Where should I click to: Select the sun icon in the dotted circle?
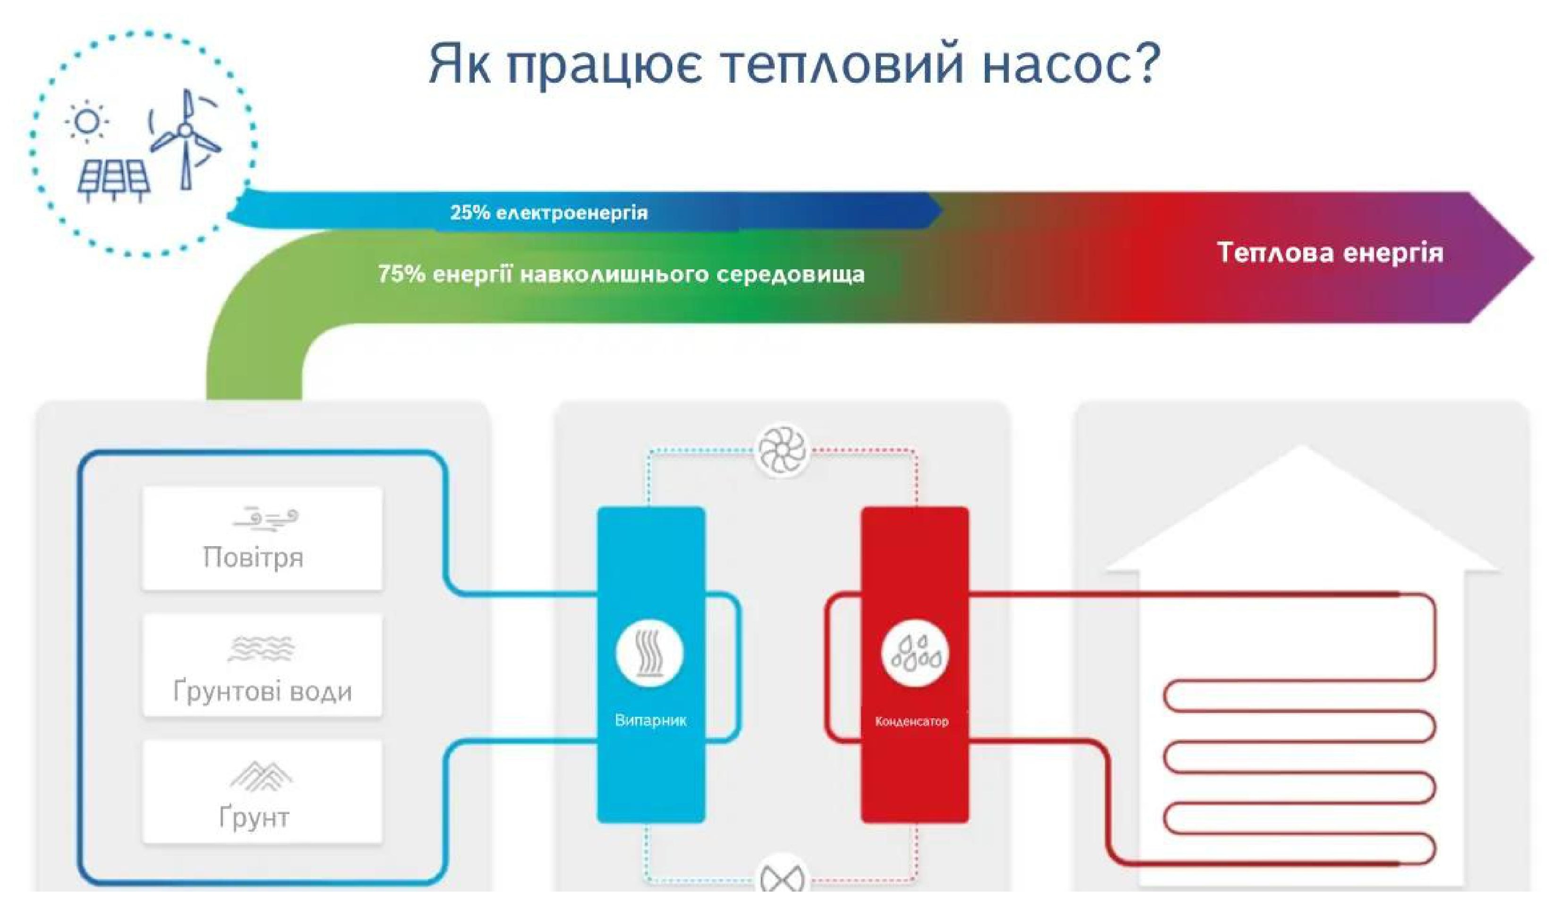tap(87, 121)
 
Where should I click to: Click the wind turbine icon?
tap(184, 138)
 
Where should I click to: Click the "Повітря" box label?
tap(253, 557)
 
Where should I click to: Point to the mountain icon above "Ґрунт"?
tap(261, 776)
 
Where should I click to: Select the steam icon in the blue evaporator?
tap(649, 653)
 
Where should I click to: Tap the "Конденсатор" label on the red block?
tap(912, 721)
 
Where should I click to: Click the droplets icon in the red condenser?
tap(915, 655)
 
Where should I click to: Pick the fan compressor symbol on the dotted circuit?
tap(783, 449)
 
